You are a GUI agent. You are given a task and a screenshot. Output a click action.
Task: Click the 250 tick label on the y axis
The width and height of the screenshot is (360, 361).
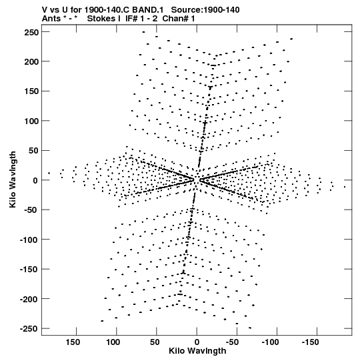tap(31, 32)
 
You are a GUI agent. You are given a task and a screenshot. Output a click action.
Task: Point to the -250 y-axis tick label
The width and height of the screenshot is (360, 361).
tap(29, 328)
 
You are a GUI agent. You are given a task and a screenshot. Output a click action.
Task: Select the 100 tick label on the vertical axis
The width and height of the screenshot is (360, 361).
tap(31, 121)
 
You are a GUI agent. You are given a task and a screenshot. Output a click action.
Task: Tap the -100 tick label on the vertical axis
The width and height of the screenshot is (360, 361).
tap(29, 240)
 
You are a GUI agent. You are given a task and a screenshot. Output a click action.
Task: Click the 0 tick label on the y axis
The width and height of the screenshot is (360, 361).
tap(35, 180)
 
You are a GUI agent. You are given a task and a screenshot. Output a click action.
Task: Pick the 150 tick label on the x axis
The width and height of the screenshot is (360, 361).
tap(73, 342)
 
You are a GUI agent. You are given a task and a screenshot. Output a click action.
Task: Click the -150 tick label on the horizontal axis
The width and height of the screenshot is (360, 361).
tap(310, 342)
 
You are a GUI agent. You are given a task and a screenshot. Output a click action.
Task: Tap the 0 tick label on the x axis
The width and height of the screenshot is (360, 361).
tap(197, 342)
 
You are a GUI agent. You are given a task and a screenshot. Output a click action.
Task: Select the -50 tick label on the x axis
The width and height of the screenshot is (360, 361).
tap(232, 342)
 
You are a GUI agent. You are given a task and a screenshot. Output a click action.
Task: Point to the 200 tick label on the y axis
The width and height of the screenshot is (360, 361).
tap(31, 61)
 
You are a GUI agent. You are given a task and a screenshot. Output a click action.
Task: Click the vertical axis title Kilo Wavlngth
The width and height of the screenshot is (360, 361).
tap(13, 179)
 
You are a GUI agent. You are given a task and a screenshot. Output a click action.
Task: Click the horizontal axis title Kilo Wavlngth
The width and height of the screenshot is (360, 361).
tap(197, 351)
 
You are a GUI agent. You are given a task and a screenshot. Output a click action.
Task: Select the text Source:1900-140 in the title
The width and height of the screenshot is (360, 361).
tap(205, 10)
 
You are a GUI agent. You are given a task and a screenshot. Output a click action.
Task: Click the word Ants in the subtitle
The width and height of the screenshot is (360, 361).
tap(51, 19)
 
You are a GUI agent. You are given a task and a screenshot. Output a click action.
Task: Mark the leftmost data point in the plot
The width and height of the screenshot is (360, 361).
tap(49, 173)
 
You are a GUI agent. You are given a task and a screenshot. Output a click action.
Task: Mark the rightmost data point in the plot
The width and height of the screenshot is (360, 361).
tap(345, 187)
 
